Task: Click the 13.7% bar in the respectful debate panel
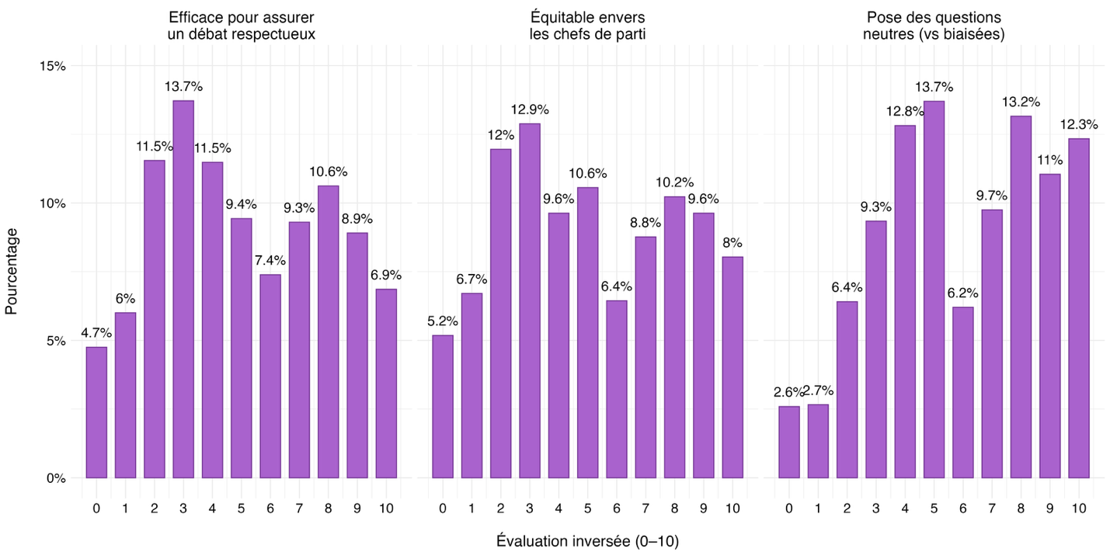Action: [x=183, y=289]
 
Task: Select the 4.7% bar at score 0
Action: [x=96, y=412]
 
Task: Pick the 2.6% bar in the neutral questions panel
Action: [x=788, y=442]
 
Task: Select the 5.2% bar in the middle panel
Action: [x=442, y=406]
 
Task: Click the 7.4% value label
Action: [x=270, y=259]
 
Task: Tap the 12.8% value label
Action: [x=904, y=110]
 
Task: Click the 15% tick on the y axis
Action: [x=53, y=66]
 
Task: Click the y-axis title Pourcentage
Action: [x=11, y=271]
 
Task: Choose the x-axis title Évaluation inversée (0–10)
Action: [x=587, y=541]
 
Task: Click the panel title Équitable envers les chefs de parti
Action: [x=586, y=26]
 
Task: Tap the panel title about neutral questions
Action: [x=933, y=26]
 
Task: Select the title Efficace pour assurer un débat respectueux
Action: [x=241, y=26]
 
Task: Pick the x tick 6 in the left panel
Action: [x=270, y=508]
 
